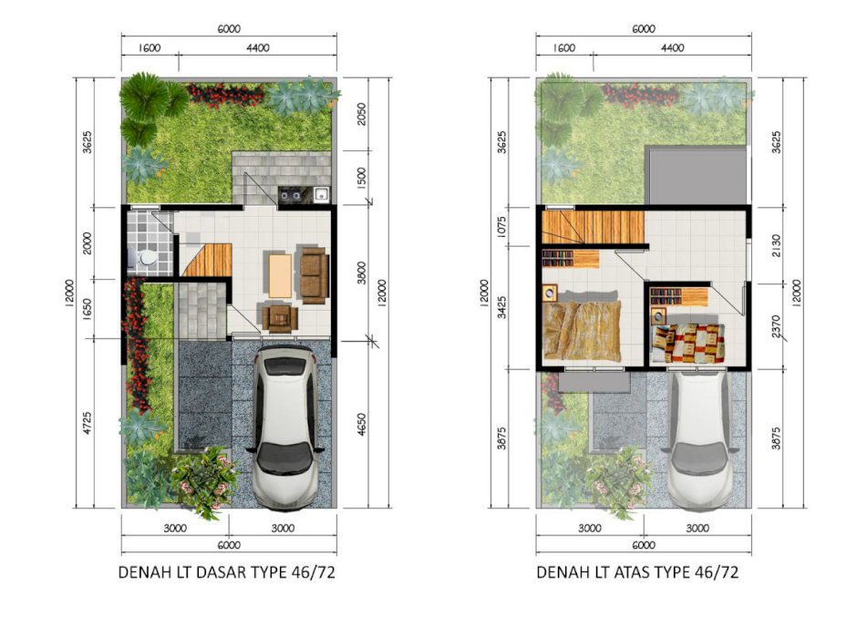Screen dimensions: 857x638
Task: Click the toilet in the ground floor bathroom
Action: (x=144, y=258)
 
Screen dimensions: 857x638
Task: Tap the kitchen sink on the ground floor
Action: (x=321, y=194)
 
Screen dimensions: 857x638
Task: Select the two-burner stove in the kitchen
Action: (x=290, y=194)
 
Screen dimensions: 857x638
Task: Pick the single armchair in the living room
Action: (x=280, y=317)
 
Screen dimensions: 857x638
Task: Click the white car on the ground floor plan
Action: (x=284, y=427)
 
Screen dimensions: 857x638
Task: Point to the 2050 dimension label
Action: (x=361, y=114)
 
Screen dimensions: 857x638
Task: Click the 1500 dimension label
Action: (x=361, y=178)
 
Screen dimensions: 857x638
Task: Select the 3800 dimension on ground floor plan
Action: (x=361, y=273)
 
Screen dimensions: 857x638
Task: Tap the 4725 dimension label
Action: (x=88, y=423)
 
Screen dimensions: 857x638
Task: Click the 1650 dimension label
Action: (x=88, y=309)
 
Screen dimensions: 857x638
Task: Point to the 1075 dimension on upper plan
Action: (x=502, y=227)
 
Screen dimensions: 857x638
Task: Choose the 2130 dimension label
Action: (x=777, y=245)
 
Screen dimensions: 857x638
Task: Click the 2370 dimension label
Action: (x=777, y=326)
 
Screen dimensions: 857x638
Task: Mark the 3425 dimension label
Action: (x=502, y=306)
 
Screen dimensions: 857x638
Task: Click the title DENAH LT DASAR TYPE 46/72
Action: (x=227, y=571)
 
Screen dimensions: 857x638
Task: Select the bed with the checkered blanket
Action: (x=688, y=343)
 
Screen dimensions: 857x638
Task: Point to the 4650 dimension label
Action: (x=361, y=424)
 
